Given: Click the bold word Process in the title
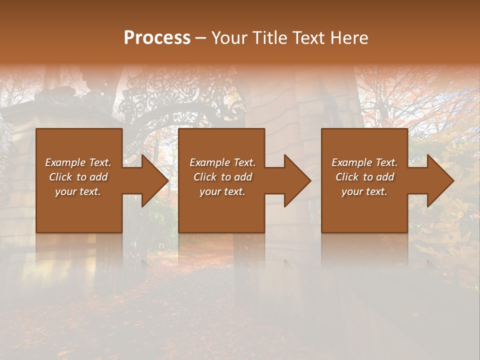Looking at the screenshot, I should (157, 38).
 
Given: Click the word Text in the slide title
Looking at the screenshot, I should (308, 38).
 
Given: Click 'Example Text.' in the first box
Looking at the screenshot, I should (78, 162).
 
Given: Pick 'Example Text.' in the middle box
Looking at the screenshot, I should (222, 162).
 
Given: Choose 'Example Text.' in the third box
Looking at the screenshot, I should (364, 162).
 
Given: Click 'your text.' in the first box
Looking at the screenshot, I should (78, 191).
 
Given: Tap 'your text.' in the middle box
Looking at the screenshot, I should (222, 191).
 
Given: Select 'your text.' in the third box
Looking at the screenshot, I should (364, 191).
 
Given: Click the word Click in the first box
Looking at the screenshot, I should (60, 177).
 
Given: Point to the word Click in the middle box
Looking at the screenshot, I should (205, 177).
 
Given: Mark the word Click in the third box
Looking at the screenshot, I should (347, 177).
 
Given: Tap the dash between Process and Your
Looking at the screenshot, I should (201, 38).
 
